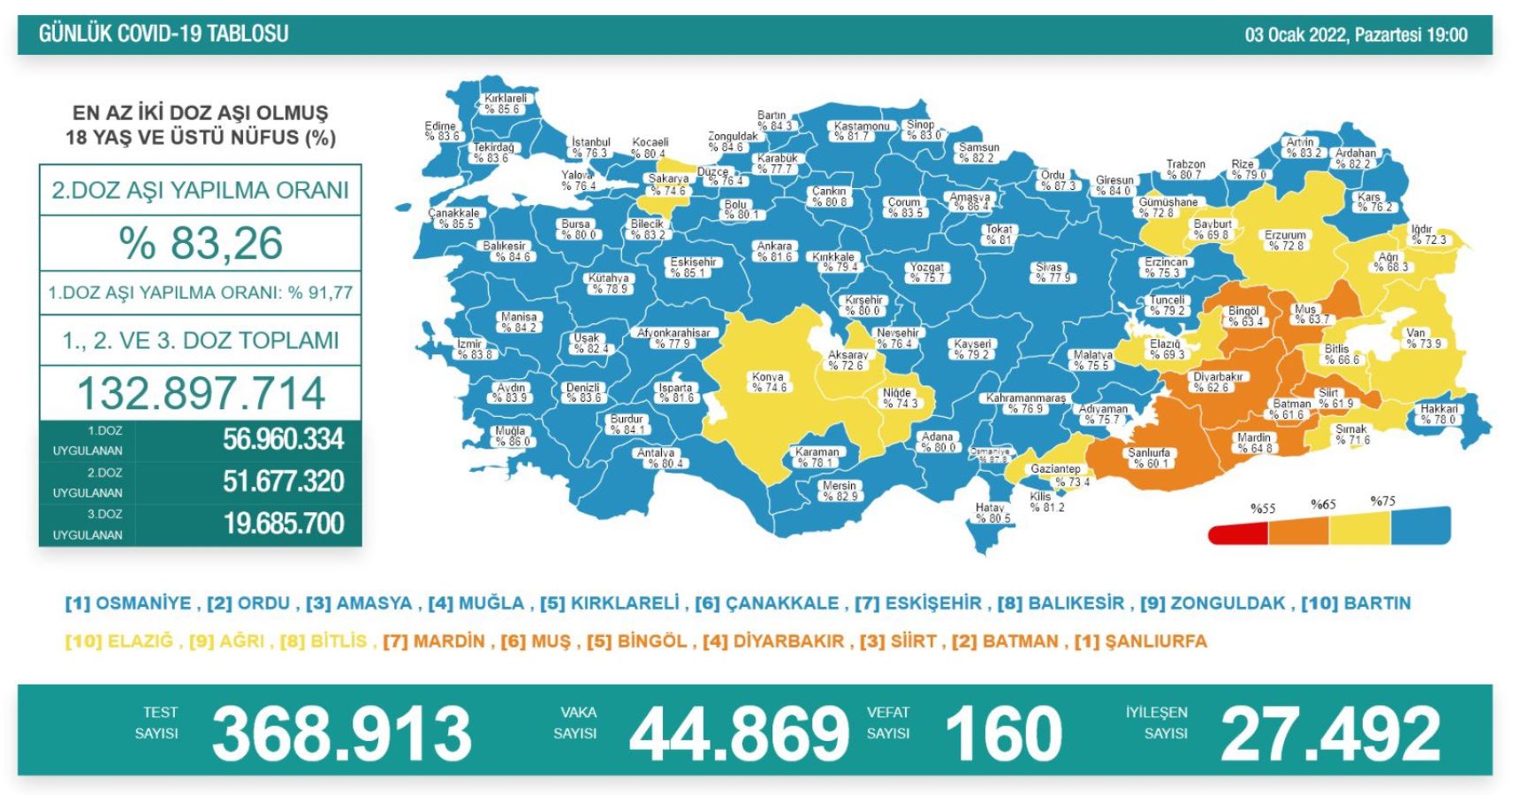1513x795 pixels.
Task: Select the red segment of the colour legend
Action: (1237, 534)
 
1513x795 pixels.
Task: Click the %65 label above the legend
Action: (1322, 504)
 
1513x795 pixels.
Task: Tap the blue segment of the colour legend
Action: (1420, 526)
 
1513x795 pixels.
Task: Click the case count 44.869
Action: (739, 734)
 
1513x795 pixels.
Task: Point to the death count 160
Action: (1003, 734)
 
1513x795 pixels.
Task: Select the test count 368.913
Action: (341, 734)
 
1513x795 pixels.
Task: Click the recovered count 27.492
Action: (1330, 734)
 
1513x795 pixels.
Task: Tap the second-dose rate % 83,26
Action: (201, 243)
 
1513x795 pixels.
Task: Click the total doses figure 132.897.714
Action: (201, 393)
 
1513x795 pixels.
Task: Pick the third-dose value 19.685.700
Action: (283, 524)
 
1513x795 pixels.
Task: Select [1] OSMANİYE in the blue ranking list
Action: (128, 603)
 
